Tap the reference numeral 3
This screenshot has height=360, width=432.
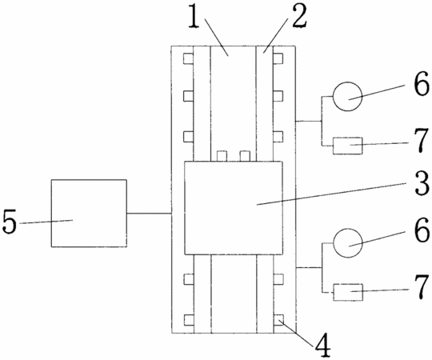click(x=422, y=182)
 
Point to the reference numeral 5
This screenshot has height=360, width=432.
click(x=10, y=222)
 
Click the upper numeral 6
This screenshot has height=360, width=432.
click(x=422, y=83)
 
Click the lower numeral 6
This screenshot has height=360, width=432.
click(x=422, y=230)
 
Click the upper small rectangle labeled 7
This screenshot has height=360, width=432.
click(x=348, y=146)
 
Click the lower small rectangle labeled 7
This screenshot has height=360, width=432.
click(x=348, y=292)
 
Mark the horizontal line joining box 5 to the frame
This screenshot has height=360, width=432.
click(x=149, y=213)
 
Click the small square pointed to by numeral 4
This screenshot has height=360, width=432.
click(x=278, y=320)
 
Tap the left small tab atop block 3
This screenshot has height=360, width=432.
click(x=222, y=156)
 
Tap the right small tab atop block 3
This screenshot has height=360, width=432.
click(x=245, y=156)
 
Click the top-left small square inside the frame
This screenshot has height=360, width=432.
click(x=189, y=58)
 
